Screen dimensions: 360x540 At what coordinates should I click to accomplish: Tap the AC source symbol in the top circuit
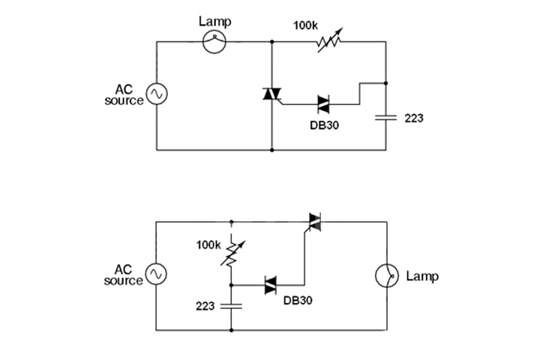157,94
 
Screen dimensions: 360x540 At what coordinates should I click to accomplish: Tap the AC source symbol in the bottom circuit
157,274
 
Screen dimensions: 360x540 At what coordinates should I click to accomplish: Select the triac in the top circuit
271,94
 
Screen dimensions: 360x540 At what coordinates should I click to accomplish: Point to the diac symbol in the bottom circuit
271,285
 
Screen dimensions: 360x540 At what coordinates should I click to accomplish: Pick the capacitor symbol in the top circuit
385,117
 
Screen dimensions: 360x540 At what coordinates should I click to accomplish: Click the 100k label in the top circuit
305,25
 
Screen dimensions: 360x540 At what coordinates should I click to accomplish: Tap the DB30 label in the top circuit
325,124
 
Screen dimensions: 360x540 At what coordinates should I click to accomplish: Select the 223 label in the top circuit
414,118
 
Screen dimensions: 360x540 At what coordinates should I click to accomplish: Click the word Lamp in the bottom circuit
422,276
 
